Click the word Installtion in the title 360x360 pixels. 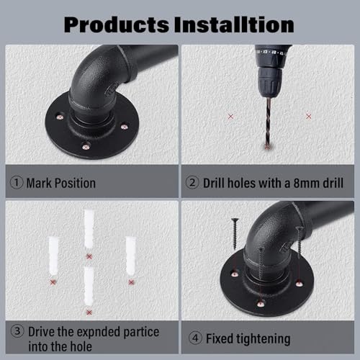tap(234, 24)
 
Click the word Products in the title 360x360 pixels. tap(117, 24)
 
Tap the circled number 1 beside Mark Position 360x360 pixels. tap(17, 183)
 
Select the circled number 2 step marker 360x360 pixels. tap(192, 183)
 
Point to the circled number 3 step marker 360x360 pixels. tap(17, 331)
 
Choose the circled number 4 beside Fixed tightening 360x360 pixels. tap(195, 338)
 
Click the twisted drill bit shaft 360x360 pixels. tap(268, 122)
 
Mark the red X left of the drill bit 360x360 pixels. tap(230, 117)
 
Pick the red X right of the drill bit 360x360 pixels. tap(309, 117)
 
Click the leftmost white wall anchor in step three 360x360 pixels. tap(53, 256)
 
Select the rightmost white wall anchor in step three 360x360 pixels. tap(131, 256)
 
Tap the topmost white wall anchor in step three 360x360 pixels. tap(89, 229)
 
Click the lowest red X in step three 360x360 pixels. tap(89, 312)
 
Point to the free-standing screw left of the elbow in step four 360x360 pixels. tap(235, 233)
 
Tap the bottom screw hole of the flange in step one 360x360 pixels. tap(86, 145)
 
